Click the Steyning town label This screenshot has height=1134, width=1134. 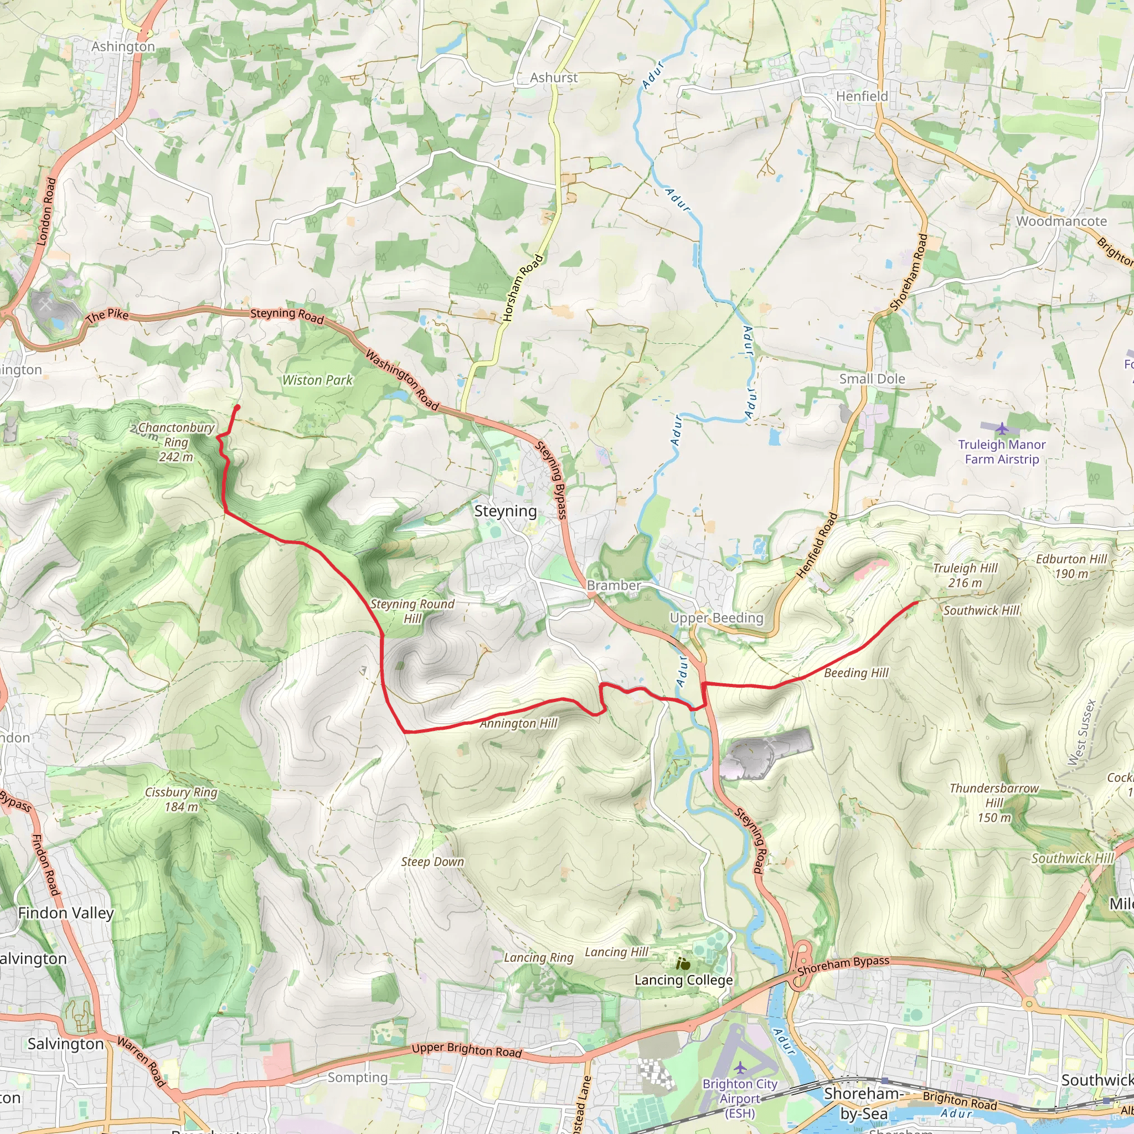click(506, 511)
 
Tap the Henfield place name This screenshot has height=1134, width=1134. click(862, 96)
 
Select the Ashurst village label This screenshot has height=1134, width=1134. click(554, 78)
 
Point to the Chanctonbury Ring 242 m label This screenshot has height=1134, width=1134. click(176, 442)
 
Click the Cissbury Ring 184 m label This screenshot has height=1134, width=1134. click(182, 800)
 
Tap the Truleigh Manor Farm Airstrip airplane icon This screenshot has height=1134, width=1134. click(1001, 429)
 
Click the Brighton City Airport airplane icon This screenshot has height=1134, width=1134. click(741, 1066)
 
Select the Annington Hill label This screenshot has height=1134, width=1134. click(518, 724)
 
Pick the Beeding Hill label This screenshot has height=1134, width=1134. click(857, 673)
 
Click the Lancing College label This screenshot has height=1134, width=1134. click(683, 980)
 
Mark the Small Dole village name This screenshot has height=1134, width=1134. click(872, 379)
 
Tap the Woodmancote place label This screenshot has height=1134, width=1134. click(1061, 221)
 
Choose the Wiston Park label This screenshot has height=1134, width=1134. click(317, 380)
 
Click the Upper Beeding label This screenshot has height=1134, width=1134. click(717, 618)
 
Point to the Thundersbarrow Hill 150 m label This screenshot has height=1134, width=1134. click(994, 802)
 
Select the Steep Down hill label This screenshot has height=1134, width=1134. click(432, 862)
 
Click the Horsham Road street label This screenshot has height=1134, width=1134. click(523, 288)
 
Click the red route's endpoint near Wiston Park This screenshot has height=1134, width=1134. click(237, 407)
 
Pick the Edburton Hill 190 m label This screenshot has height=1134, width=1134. click(1071, 566)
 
